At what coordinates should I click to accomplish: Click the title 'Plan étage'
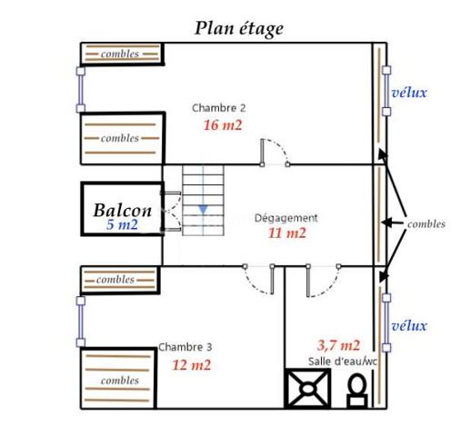click(x=239, y=28)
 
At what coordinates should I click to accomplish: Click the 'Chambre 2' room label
click(x=218, y=108)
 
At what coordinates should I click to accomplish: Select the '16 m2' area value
click(x=223, y=126)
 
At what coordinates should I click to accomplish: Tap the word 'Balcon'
click(x=122, y=209)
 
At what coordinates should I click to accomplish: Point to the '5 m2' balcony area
click(x=122, y=225)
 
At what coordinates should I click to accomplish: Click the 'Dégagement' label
click(x=286, y=218)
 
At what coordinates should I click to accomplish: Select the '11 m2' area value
click(x=286, y=233)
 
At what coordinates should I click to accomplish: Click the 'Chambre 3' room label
click(x=185, y=347)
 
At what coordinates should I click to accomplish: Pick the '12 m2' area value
click(x=192, y=365)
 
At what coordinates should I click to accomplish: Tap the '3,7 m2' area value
click(x=338, y=345)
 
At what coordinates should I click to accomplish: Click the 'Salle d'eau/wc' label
click(x=341, y=362)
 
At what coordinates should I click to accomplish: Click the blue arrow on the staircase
click(x=204, y=211)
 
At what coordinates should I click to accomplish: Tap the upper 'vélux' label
click(x=408, y=93)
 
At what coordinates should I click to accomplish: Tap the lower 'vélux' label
click(x=408, y=326)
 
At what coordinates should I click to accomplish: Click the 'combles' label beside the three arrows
click(x=426, y=223)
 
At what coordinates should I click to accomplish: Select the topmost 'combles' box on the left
click(x=122, y=54)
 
